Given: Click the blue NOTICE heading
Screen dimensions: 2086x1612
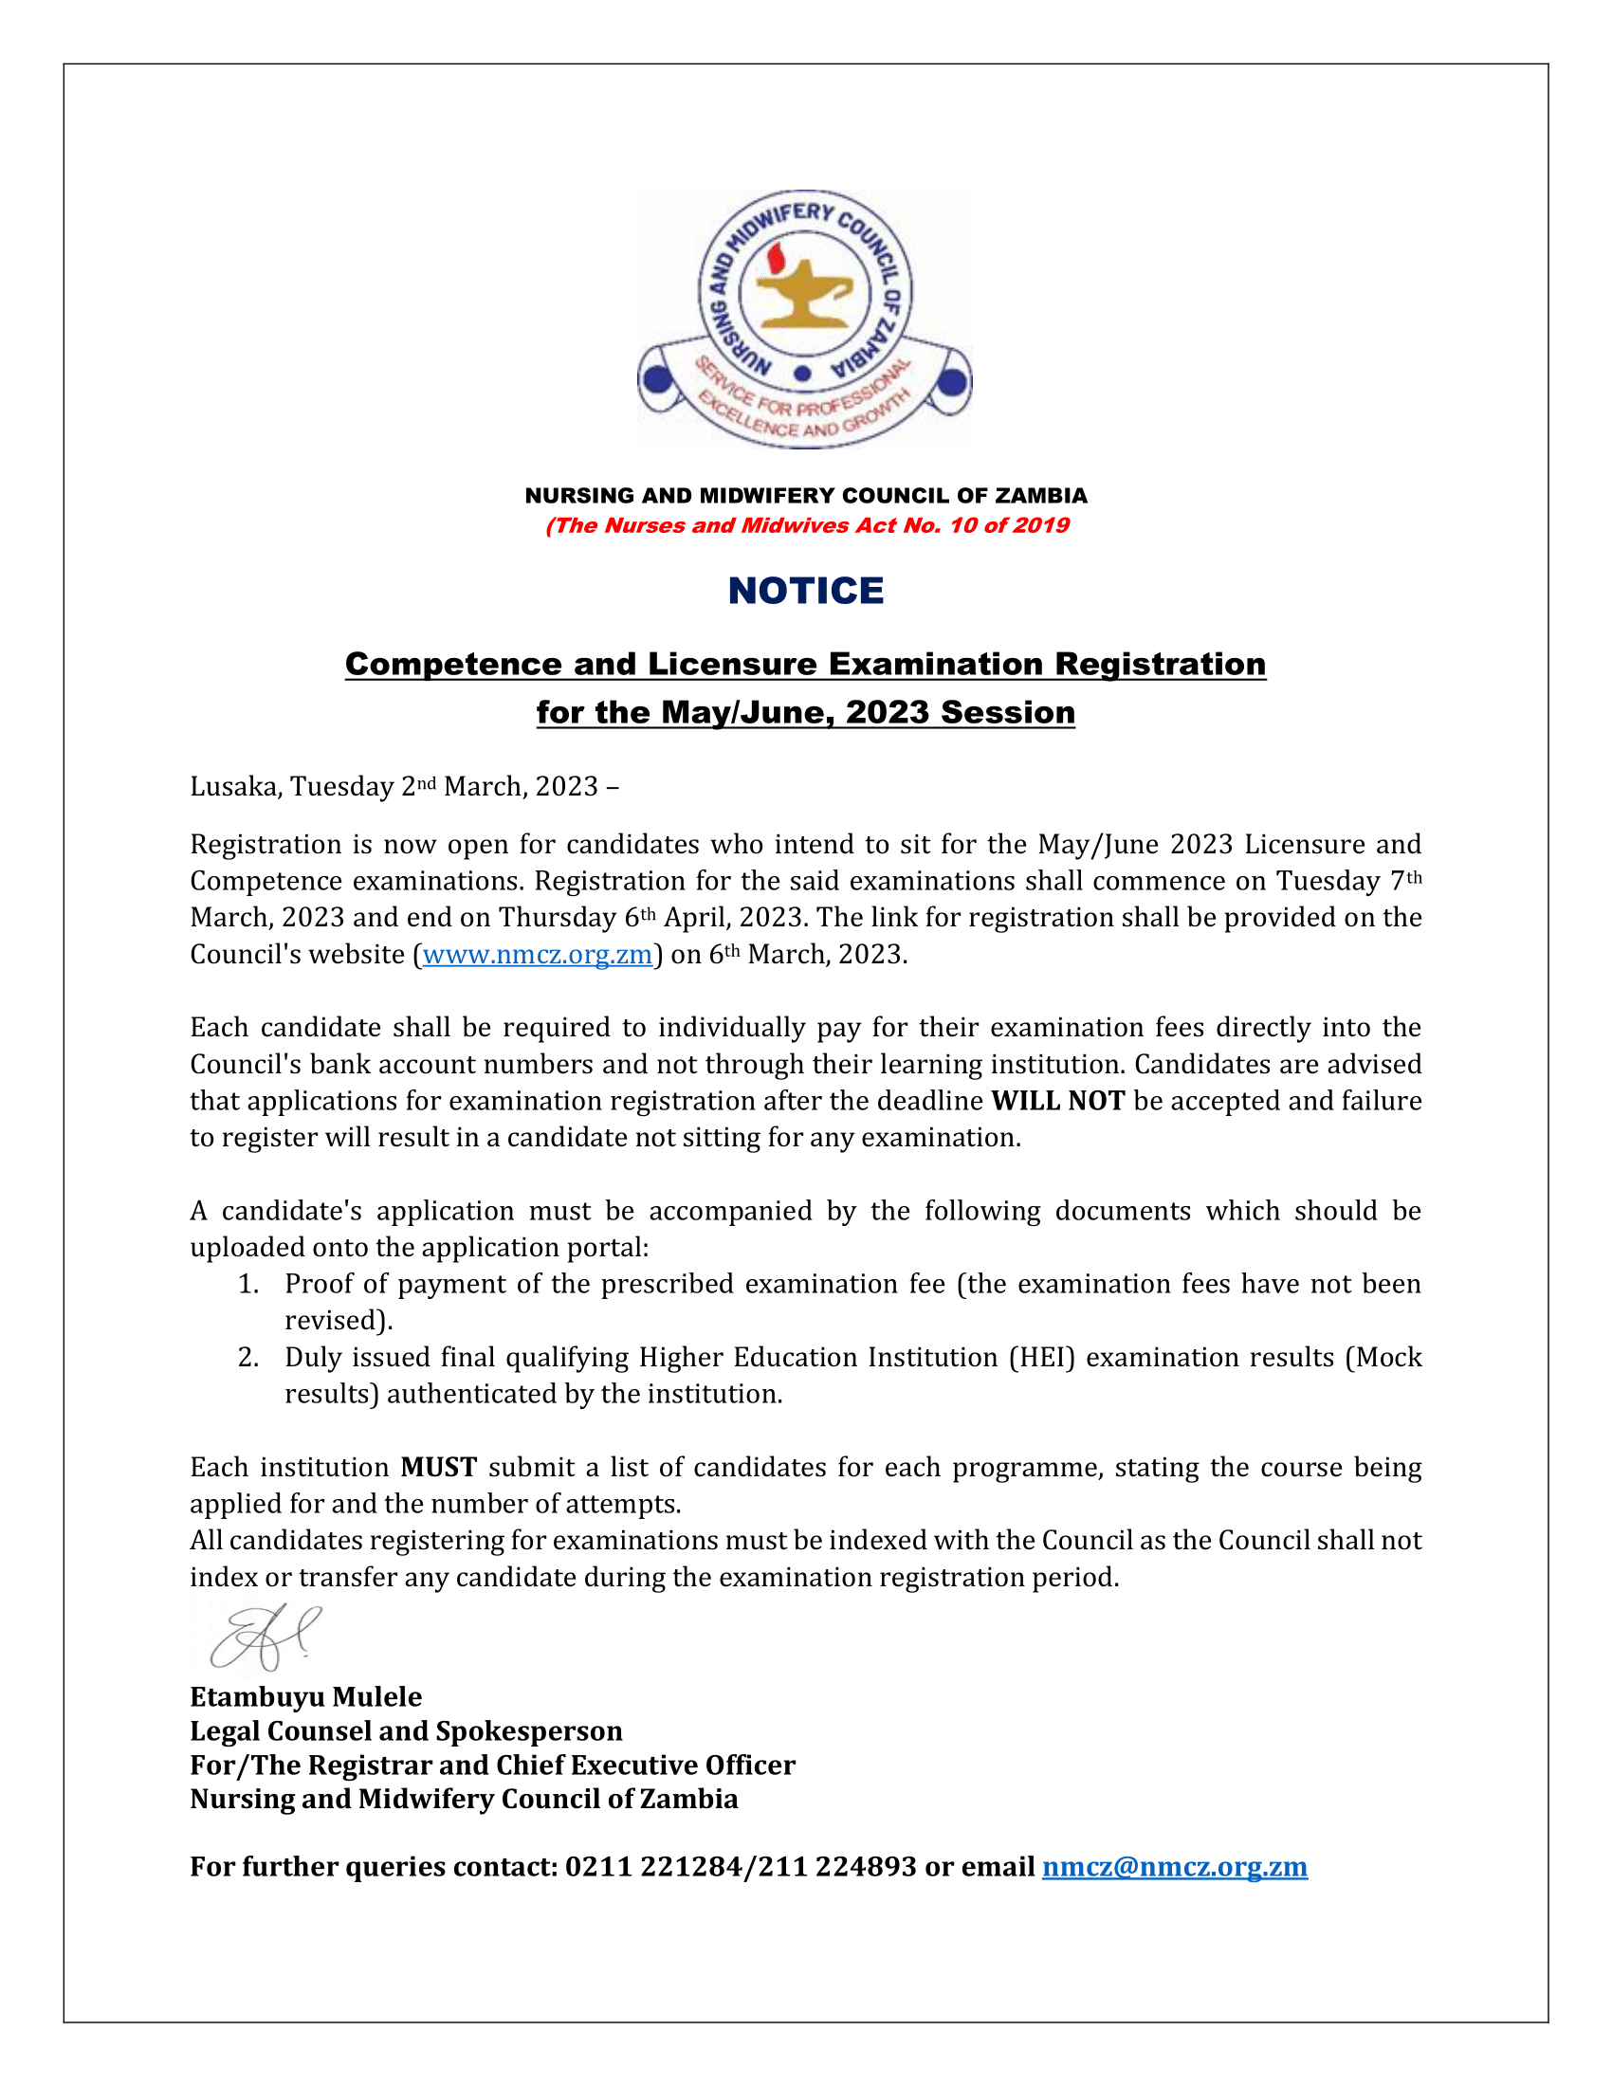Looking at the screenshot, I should click(805, 592).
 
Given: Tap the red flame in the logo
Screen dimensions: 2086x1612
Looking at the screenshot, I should click(776, 257).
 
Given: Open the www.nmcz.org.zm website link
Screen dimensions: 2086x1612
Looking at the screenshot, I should click(537, 954).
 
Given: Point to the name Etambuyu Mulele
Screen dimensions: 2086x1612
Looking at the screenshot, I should click(305, 1696).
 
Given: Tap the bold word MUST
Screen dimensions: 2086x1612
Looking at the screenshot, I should click(438, 1467).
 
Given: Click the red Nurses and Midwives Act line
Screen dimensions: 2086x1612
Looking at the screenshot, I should click(806, 525).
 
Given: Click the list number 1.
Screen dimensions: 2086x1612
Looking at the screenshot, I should click(248, 1285).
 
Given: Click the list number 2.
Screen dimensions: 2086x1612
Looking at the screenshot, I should click(248, 1357).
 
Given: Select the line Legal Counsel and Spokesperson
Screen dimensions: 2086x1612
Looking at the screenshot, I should click(406, 1730).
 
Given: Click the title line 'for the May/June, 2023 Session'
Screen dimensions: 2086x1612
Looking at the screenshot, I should click(805, 712).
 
